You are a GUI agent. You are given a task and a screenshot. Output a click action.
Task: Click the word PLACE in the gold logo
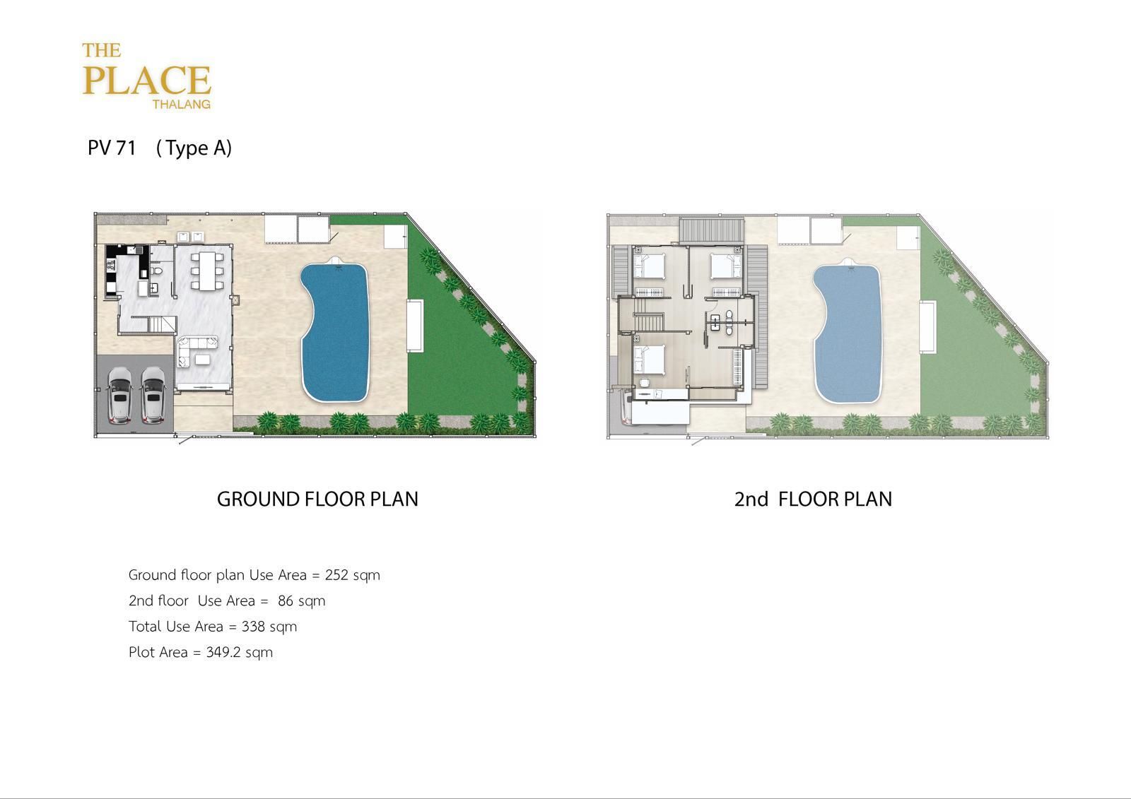(x=146, y=81)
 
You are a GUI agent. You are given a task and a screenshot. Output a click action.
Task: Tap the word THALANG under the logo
(x=181, y=105)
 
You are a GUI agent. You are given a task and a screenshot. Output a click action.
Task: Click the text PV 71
(x=112, y=148)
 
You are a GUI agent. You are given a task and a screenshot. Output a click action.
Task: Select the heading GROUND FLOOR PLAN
(x=317, y=499)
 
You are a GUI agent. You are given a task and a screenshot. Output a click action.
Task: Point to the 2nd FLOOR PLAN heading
(x=813, y=499)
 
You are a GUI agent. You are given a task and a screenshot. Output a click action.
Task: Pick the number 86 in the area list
(x=286, y=600)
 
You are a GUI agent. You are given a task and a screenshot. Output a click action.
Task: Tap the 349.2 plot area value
(x=223, y=652)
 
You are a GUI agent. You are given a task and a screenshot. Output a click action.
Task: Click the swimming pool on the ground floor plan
(x=335, y=331)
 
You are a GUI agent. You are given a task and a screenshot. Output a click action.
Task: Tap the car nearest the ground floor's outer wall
(x=119, y=395)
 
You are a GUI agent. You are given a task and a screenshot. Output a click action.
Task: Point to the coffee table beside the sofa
(x=203, y=360)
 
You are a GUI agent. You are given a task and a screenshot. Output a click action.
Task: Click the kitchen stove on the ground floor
(x=110, y=263)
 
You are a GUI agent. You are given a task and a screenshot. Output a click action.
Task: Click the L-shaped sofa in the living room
(x=194, y=348)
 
